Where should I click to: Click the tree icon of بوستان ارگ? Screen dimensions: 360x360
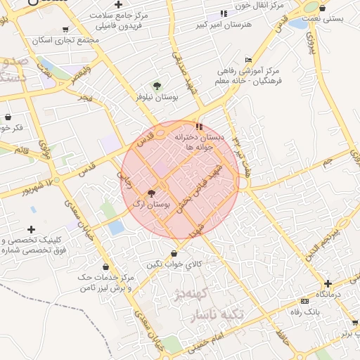point(151,193)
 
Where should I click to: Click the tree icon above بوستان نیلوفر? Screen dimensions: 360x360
point(157,86)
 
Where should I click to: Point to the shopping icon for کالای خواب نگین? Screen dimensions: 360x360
point(174,254)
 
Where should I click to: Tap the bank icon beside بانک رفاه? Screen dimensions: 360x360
point(304,301)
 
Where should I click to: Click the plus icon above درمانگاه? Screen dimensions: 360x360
point(328,283)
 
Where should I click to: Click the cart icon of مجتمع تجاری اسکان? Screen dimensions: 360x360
point(65,30)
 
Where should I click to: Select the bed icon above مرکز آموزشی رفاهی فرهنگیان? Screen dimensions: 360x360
point(248,60)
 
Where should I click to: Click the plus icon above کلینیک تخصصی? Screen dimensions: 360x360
point(31,229)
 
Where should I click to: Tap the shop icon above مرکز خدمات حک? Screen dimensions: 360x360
point(105,266)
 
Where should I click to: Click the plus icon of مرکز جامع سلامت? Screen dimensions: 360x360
point(119,4)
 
